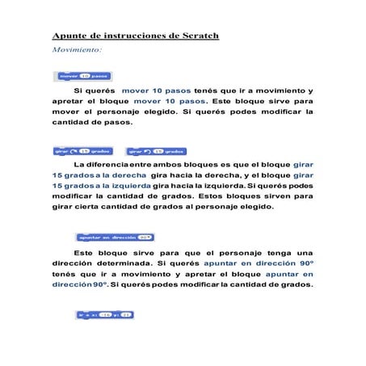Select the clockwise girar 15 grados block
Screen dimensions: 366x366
pos(82,151)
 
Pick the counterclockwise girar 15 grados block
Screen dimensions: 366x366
pos(154,151)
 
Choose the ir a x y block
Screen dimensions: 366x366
pos(104,313)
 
